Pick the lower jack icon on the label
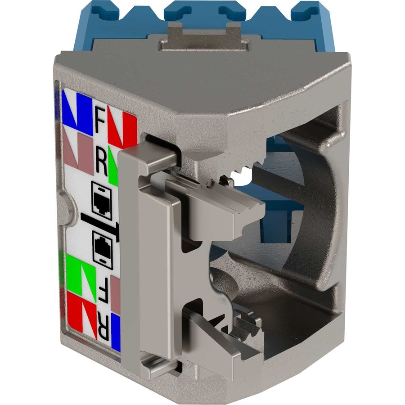coord(103,251)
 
